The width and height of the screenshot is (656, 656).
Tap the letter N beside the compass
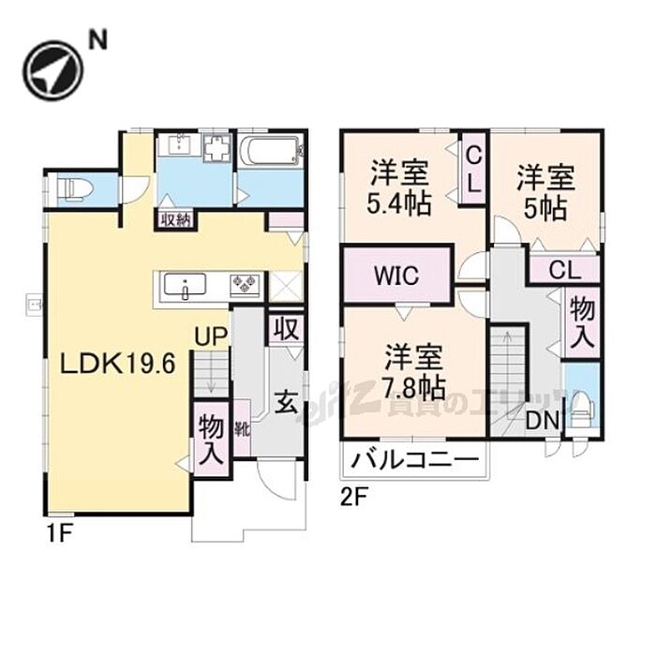[x=97, y=39]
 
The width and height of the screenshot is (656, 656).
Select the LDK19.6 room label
[x=119, y=364]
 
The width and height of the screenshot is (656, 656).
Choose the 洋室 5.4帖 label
[x=400, y=187]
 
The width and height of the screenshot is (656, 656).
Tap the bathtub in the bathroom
[x=270, y=151]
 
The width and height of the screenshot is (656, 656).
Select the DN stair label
[x=540, y=422]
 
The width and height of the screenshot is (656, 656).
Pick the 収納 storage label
[x=175, y=220]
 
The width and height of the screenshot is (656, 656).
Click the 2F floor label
[x=352, y=498]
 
